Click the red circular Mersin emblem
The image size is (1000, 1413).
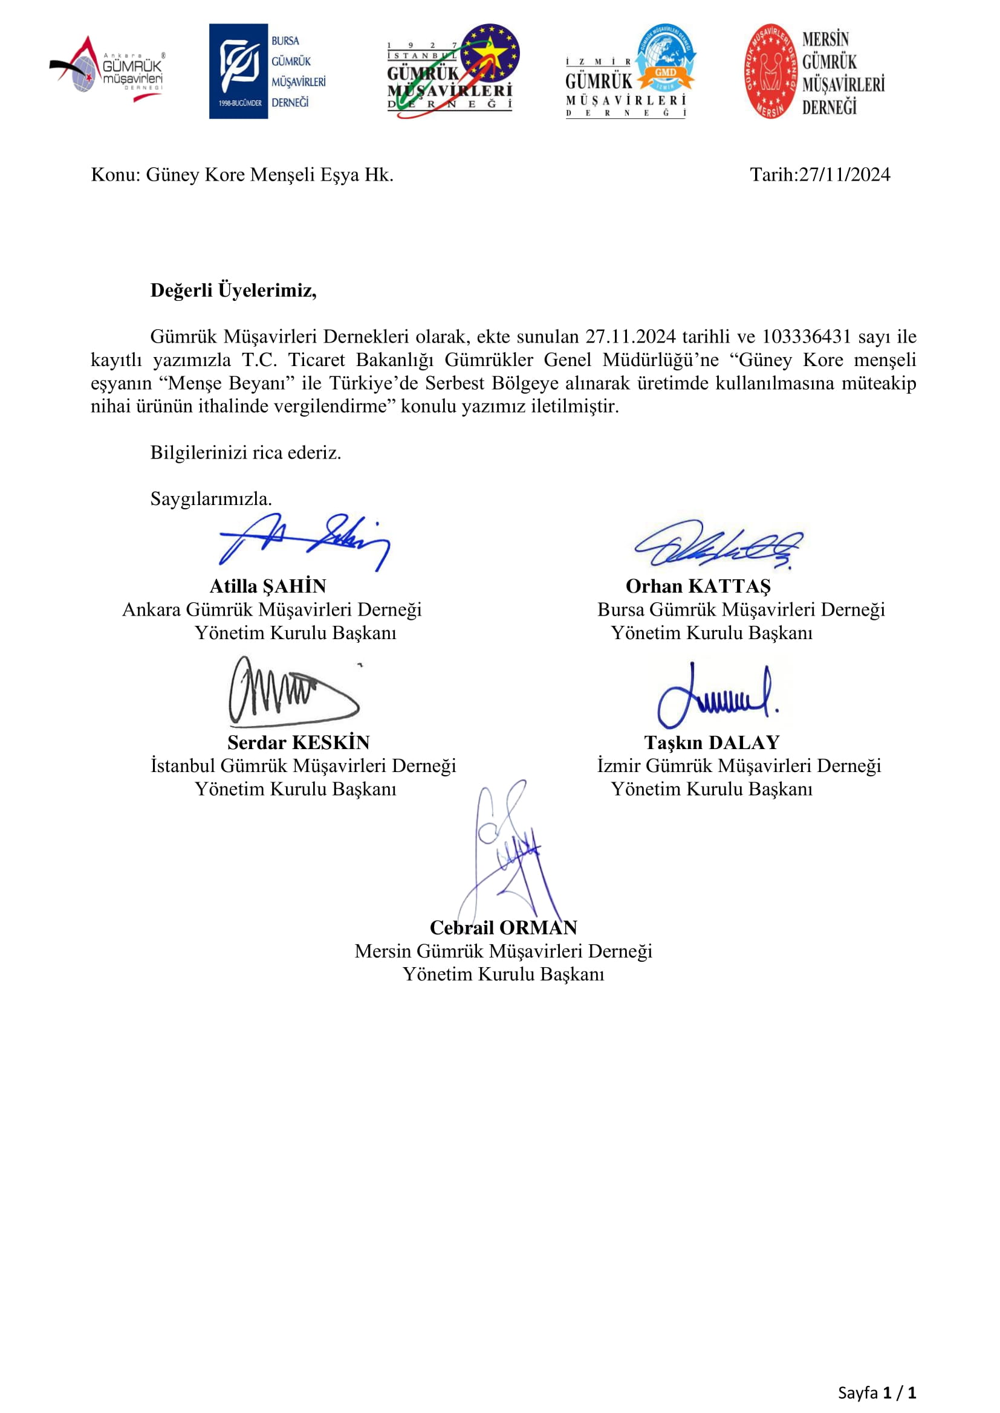(x=770, y=71)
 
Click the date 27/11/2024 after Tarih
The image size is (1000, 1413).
(x=844, y=175)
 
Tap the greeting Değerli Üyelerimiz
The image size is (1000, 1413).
(x=233, y=290)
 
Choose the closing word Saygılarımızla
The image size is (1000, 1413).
(x=210, y=498)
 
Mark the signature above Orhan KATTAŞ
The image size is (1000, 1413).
(x=719, y=544)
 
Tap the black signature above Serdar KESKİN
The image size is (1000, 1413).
(x=293, y=692)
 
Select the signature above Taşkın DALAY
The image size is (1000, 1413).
(x=716, y=695)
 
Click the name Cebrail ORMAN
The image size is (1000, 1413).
(x=503, y=927)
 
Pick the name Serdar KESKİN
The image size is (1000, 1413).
(x=299, y=742)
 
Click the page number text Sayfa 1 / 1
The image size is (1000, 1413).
(x=876, y=1392)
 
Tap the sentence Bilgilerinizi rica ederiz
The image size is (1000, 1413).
(x=245, y=452)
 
